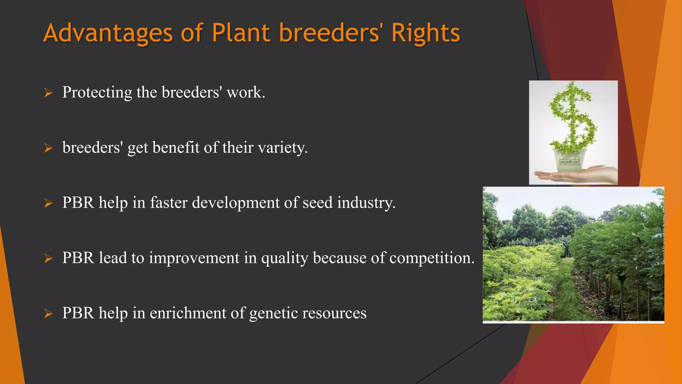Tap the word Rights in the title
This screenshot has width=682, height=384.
[425, 33]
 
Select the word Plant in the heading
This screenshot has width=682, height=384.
[240, 33]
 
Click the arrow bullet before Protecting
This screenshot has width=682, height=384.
[49, 93]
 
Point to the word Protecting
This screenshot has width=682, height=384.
[97, 93]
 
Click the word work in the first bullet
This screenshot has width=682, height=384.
[245, 92]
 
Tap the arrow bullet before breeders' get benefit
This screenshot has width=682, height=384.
[49, 148]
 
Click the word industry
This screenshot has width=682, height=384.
[366, 203]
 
